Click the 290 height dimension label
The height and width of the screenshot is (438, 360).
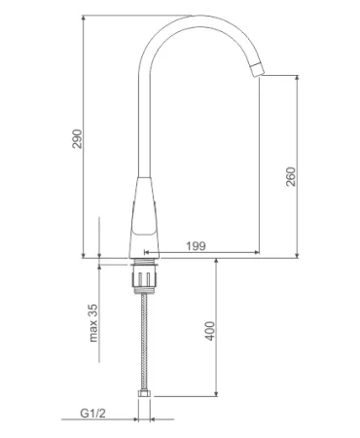[77, 138]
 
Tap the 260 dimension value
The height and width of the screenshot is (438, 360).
[291, 176]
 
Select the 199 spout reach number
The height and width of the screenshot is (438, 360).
[196, 246]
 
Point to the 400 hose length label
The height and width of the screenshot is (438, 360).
[210, 331]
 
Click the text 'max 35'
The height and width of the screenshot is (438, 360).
[93, 323]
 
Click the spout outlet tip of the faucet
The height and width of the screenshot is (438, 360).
[257, 69]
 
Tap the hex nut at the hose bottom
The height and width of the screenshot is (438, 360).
[145, 394]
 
